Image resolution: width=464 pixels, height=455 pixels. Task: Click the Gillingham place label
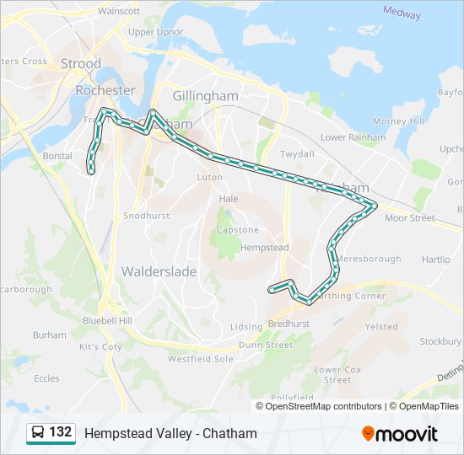(x=205, y=96)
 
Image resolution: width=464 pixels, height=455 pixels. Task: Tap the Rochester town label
(x=105, y=90)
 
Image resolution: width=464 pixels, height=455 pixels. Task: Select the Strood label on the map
(x=81, y=64)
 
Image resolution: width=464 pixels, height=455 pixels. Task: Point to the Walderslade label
(x=159, y=272)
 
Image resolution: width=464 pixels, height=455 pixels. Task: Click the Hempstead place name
(x=264, y=248)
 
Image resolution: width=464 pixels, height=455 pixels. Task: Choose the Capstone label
(x=237, y=230)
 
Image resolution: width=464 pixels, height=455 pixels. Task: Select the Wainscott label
(x=119, y=11)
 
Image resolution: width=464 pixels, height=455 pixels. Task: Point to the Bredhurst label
(x=289, y=324)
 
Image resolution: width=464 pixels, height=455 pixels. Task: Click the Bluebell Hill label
(x=107, y=321)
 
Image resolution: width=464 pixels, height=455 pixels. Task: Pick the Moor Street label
(x=409, y=218)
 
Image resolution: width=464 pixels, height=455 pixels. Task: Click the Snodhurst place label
(x=147, y=216)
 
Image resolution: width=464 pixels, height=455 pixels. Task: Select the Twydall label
(x=297, y=154)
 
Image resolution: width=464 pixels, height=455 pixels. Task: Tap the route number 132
(x=60, y=432)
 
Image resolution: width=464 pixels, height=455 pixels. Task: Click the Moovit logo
(x=400, y=434)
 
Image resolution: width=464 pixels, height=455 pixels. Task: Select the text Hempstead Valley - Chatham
(x=170, y=434)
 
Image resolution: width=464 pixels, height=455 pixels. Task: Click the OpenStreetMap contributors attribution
(x=323, y=406)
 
